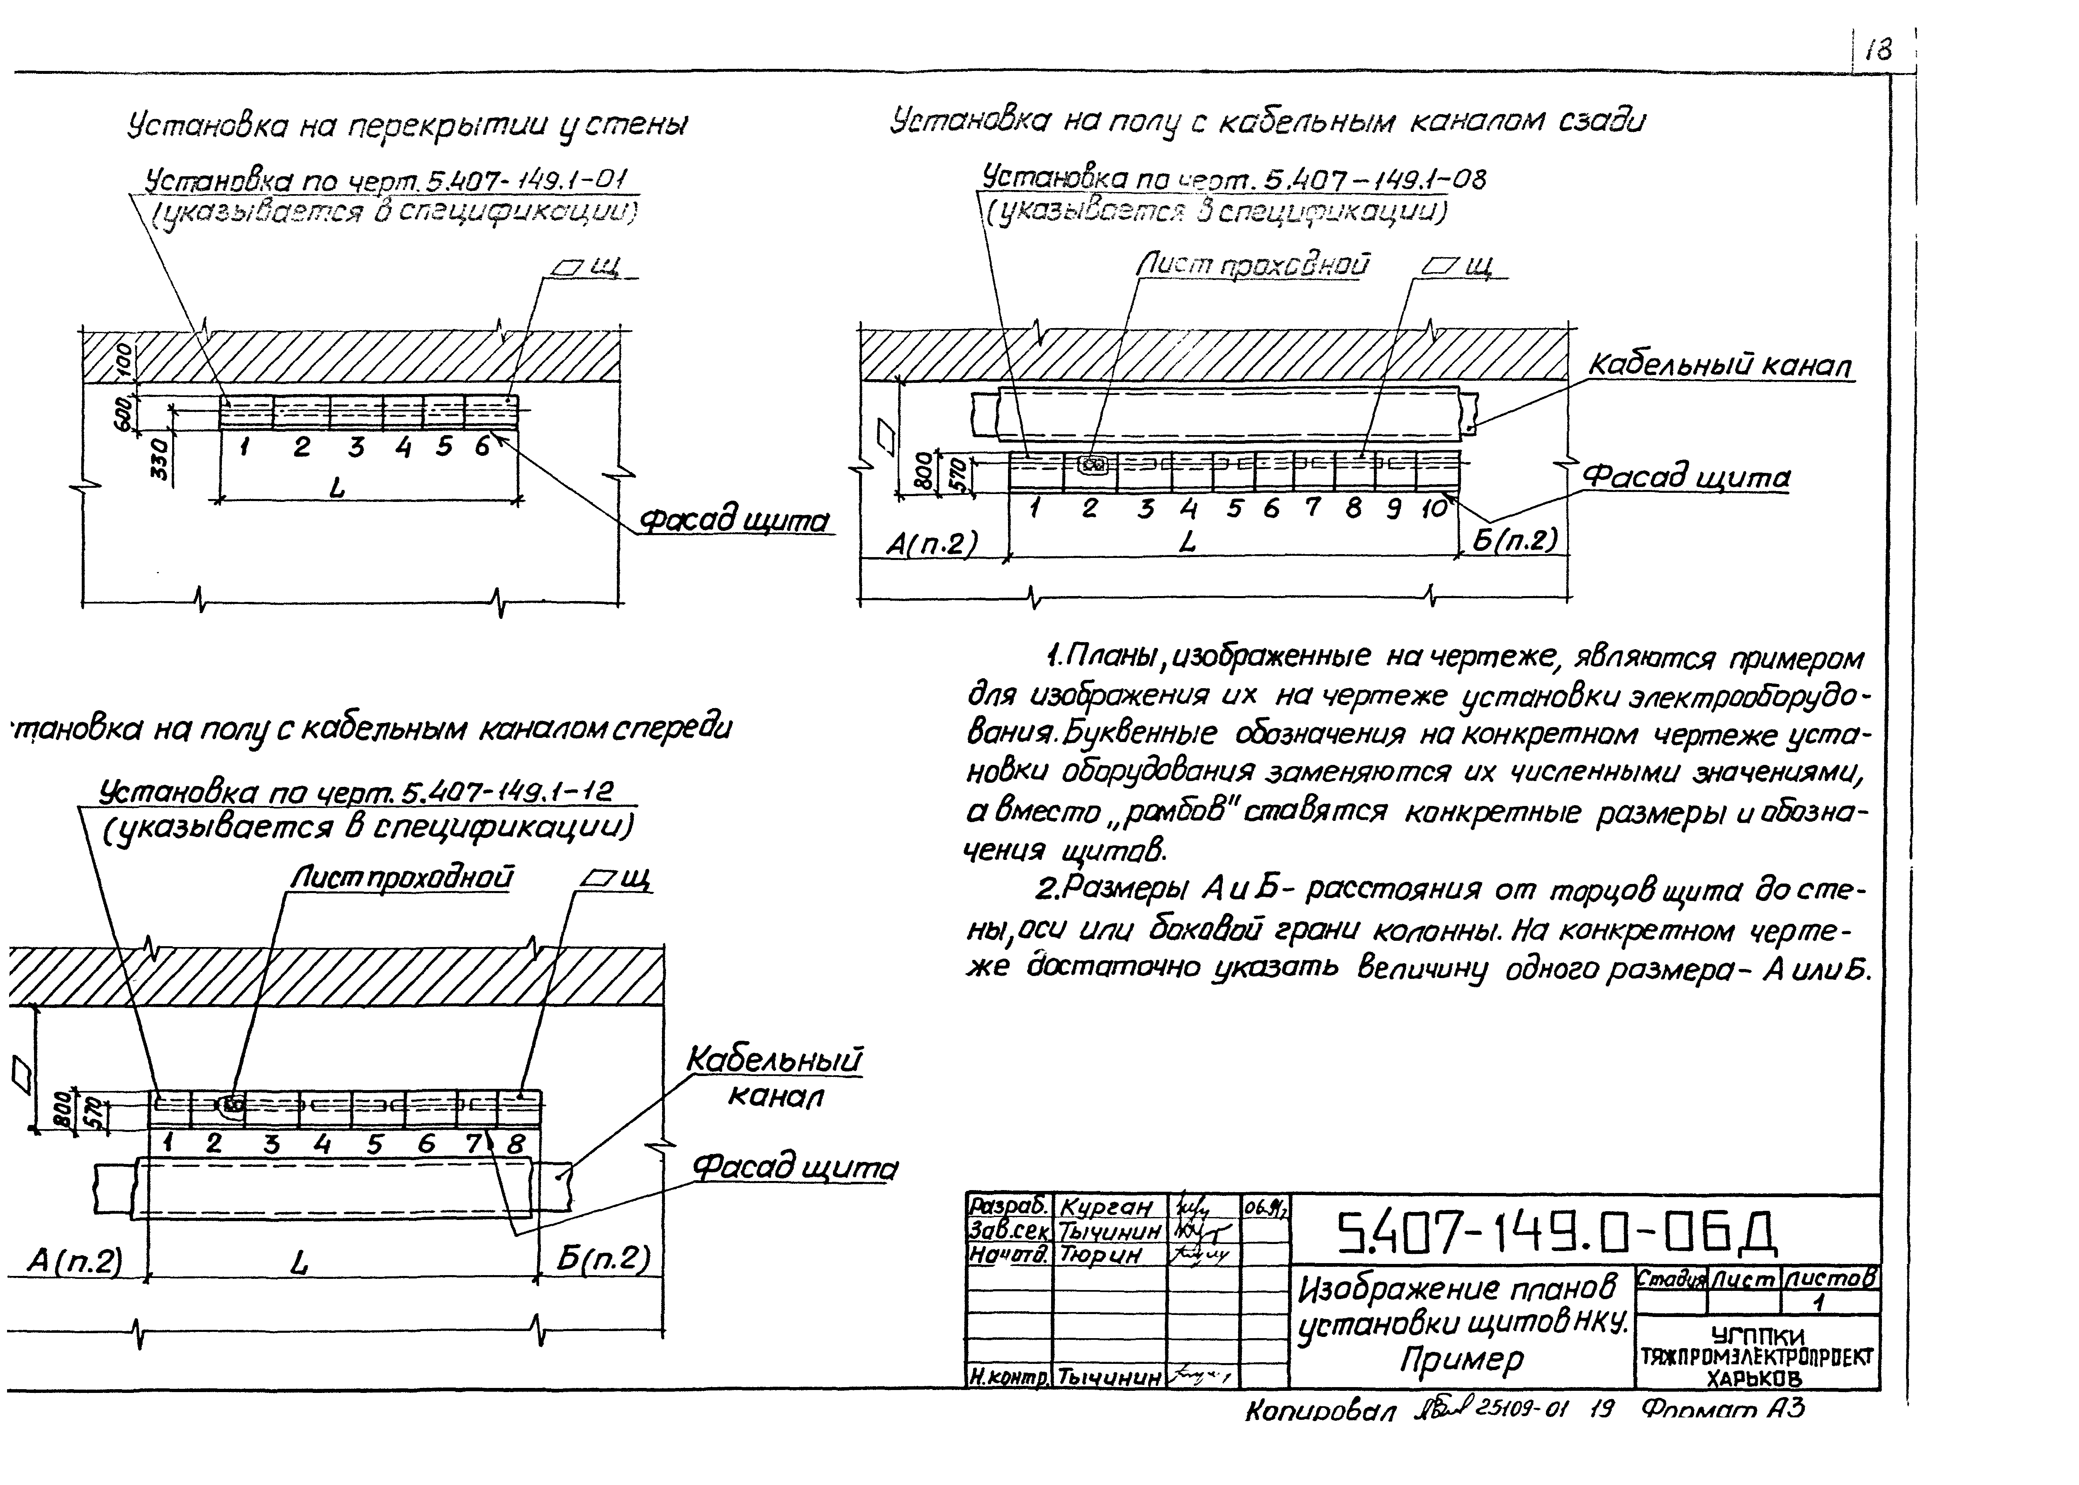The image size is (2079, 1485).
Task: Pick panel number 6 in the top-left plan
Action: [x=482, y=447]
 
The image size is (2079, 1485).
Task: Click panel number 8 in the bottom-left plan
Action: [x=516, y=1144]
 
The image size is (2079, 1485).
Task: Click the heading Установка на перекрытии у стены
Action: [x=407, y=125]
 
